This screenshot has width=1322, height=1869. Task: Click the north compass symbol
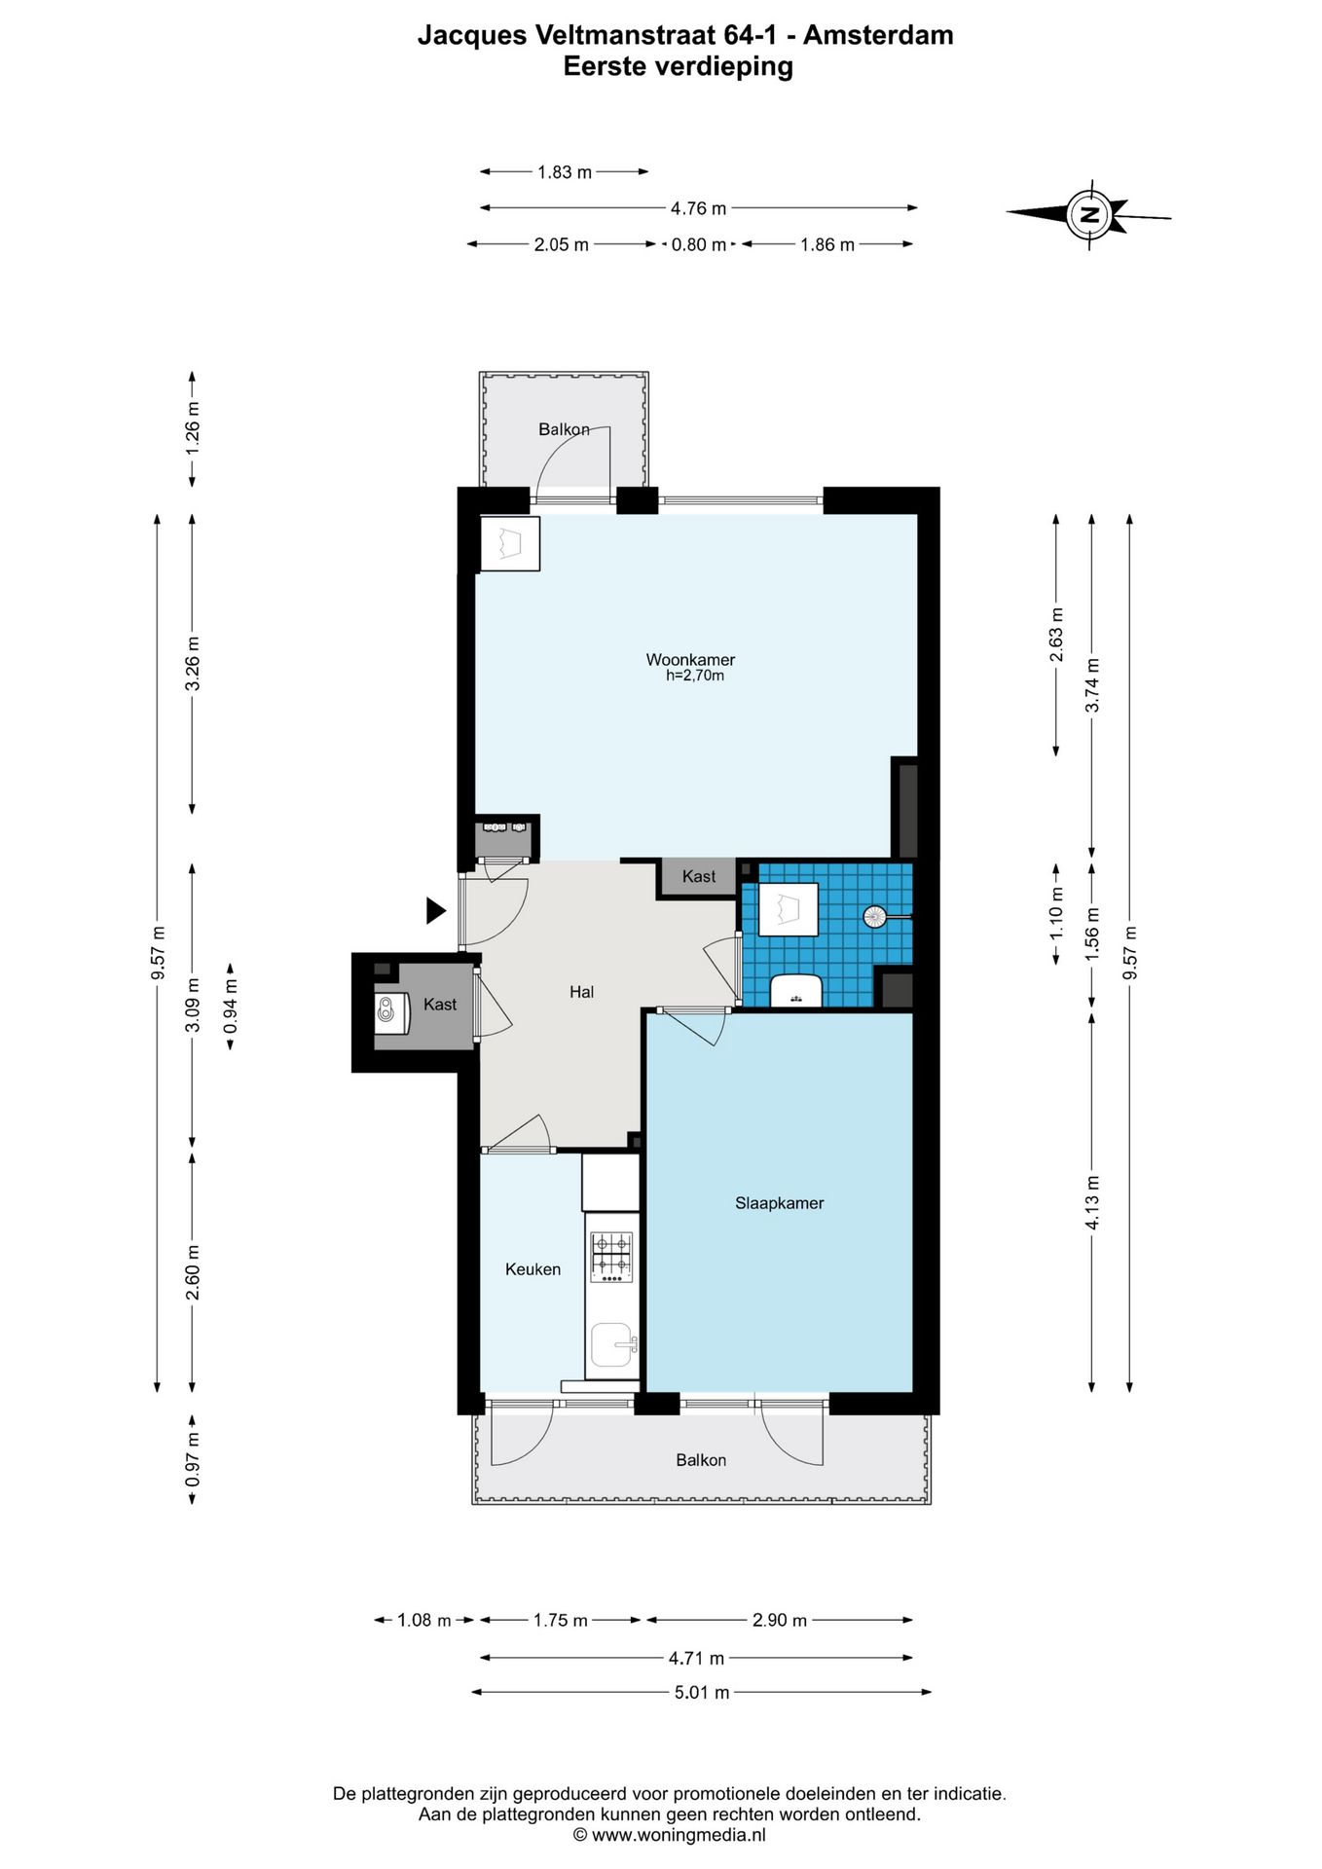tap(1088, 213)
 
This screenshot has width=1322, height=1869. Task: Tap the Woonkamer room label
tap(690, 660)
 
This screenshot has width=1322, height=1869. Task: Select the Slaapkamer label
tap(779, 1203)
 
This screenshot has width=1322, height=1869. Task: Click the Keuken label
tap(532, 1269)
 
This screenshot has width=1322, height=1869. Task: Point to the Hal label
tap(581, 992)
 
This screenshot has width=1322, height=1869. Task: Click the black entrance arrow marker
tap(435, 910)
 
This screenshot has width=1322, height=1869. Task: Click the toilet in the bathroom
tap(796, 990)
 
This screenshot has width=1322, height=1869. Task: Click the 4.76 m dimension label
tap(698, 208)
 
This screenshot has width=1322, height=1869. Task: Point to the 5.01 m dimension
tap(702, 1692)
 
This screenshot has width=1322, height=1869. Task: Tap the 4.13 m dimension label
tap(1092, 1203)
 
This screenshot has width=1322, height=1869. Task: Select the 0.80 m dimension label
tap(699, 245)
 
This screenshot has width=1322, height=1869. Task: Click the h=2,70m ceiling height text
tap(695, 676)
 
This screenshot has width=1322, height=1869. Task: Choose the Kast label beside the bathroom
tap(699, 876)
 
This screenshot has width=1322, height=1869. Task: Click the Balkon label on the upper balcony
tap(564, 429)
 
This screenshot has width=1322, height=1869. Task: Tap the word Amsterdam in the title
tap(878, 35)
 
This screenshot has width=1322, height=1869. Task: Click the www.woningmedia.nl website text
tap(679, 1835)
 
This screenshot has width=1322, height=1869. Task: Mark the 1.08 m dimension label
tap(424, 1621)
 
